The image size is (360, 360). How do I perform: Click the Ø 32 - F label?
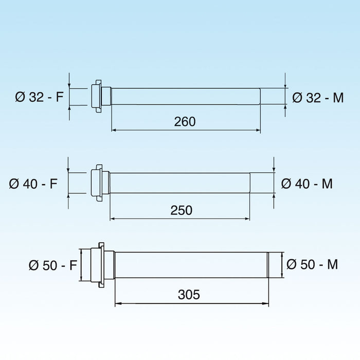click(x=39, y=97)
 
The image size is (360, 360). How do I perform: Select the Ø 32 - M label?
click(x=318, y=98)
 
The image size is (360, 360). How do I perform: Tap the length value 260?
click(x=185, y=121)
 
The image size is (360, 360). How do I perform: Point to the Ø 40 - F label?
click(x=33, y=184)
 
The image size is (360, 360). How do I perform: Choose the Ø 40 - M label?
click(x=307, y=184)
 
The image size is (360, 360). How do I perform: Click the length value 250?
click(x=182, y=210)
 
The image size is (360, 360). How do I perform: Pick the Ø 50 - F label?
click(x=53, y=265)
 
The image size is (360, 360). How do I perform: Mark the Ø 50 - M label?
click(x=312, y=264)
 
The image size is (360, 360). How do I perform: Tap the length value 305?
click(x=189, y=294)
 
